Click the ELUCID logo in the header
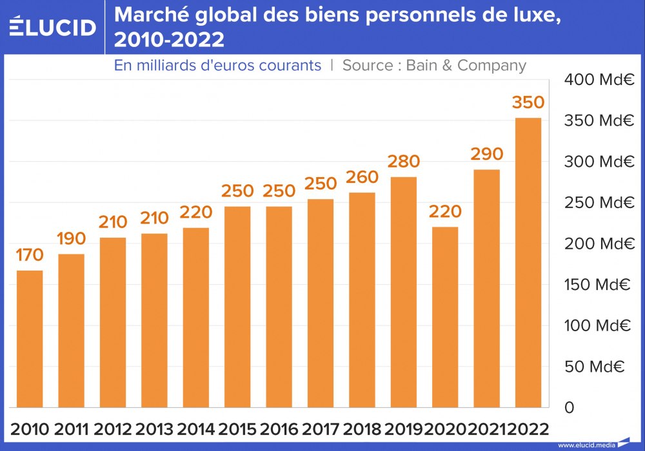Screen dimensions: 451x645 pos(52,27)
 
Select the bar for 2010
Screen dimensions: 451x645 pos(30,338)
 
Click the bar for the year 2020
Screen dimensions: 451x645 pos(445,317)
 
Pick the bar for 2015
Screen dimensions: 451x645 pos(237,307)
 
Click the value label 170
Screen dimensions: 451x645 pos(30,256)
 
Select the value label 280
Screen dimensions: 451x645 pos(404,162)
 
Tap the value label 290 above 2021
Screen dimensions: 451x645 pos(486,155)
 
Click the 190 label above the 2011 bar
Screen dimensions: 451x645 pos(71,239)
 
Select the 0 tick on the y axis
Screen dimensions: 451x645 pos(568,407)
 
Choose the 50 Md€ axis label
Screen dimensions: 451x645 pos(594,367)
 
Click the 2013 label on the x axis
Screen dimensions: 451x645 pos(154,429)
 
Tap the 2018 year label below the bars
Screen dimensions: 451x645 pos(362,429)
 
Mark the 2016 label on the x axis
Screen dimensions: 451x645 pos(279,429)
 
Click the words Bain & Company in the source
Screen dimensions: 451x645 pos(466,66)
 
